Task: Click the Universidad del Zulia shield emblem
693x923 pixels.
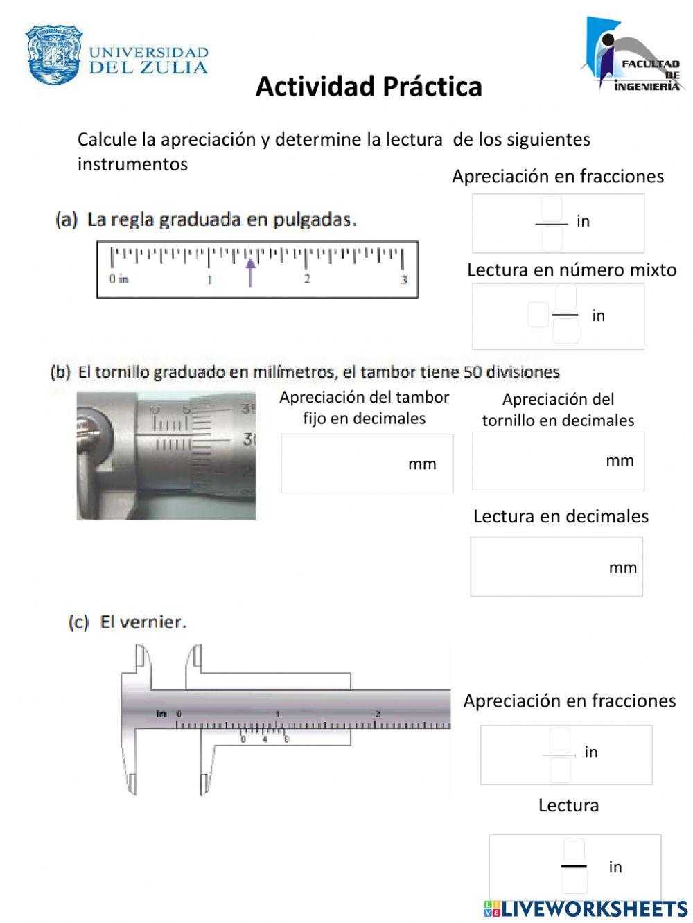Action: click(54, 55)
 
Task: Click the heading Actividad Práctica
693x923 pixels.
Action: click(369, 87)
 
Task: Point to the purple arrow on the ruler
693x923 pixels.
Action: click(250, 272)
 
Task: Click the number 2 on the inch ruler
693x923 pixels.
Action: click(306, 279)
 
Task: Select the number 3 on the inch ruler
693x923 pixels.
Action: click(404, 280)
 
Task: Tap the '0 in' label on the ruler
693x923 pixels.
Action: click(119, 279)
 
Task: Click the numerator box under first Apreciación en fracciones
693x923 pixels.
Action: click(552, 208)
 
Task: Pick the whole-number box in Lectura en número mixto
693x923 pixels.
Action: click(538, 315)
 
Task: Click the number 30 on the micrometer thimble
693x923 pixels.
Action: click(247, 439)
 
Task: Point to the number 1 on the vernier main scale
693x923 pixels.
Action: click(277, 714)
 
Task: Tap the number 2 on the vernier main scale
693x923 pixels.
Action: click(378, 714)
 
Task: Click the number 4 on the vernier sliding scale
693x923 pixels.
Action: click(264, 739)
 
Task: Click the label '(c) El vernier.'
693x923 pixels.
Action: click(128, 622)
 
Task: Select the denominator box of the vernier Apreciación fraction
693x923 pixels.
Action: click(560, 770)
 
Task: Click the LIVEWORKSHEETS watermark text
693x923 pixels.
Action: click(593, 908)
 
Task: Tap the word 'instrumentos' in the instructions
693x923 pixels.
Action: click(132, 164)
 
